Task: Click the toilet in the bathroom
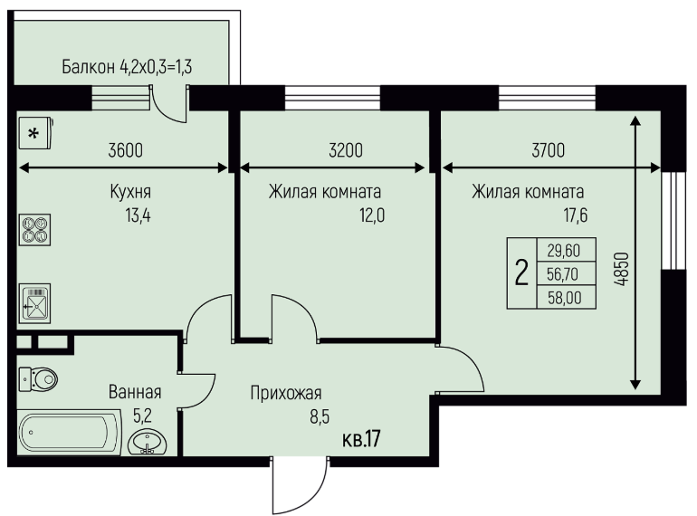[38, 379]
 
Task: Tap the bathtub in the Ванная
[70, 433]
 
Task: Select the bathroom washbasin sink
[148, 442]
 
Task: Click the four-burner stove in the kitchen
[34, 230]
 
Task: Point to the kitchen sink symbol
[34, 303]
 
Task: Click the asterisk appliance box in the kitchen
[35, 132]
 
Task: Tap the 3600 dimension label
[125, 150]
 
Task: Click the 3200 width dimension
[346, 150]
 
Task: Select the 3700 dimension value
[548, 150]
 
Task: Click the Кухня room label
[130, 192]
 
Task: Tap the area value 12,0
[372, 215]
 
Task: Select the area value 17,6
[575, 215]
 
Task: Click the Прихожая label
[286, 393]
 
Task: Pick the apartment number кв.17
[361, 439]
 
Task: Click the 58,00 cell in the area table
[565, 298]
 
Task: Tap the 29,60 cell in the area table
[564, 251]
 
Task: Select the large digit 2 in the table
[521, 272]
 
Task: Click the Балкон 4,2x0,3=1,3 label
[127, 67]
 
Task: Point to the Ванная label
[135, 392]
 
